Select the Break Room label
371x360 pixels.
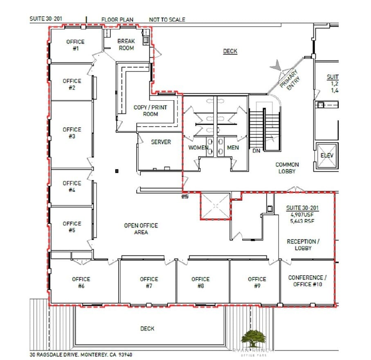126,45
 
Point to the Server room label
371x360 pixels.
161,142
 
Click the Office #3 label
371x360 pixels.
72,133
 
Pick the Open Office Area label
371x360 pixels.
141,229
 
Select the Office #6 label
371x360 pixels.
81,282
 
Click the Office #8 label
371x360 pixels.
200,282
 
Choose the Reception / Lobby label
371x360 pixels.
303,245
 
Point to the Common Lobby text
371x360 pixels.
287,168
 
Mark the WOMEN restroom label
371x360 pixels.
198,148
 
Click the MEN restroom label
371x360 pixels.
233,148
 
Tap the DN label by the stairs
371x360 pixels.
256,151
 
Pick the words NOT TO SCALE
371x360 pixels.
167,19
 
